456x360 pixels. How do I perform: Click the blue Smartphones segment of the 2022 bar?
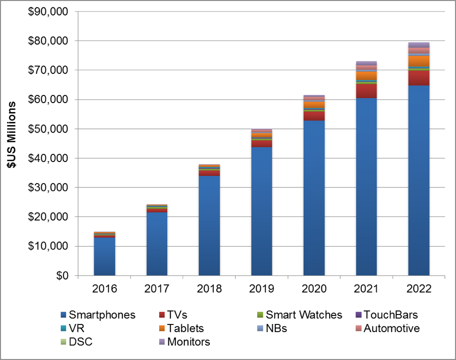tap(419, 180)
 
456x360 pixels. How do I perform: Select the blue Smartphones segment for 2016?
tap(104, 256)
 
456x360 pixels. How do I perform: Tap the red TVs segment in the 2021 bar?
tap(366, 90)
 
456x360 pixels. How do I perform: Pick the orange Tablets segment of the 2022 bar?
tap(419, 60)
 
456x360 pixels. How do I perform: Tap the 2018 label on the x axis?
tap(209, 289)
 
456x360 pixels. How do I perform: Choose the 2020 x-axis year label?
tap(314, 289)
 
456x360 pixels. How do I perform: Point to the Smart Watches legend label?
tap(304, 315)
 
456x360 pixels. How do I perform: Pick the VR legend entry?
tap(76, 328)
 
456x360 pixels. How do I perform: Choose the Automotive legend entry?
tap(392, 328)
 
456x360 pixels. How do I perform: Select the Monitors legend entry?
tap(189, 342)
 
